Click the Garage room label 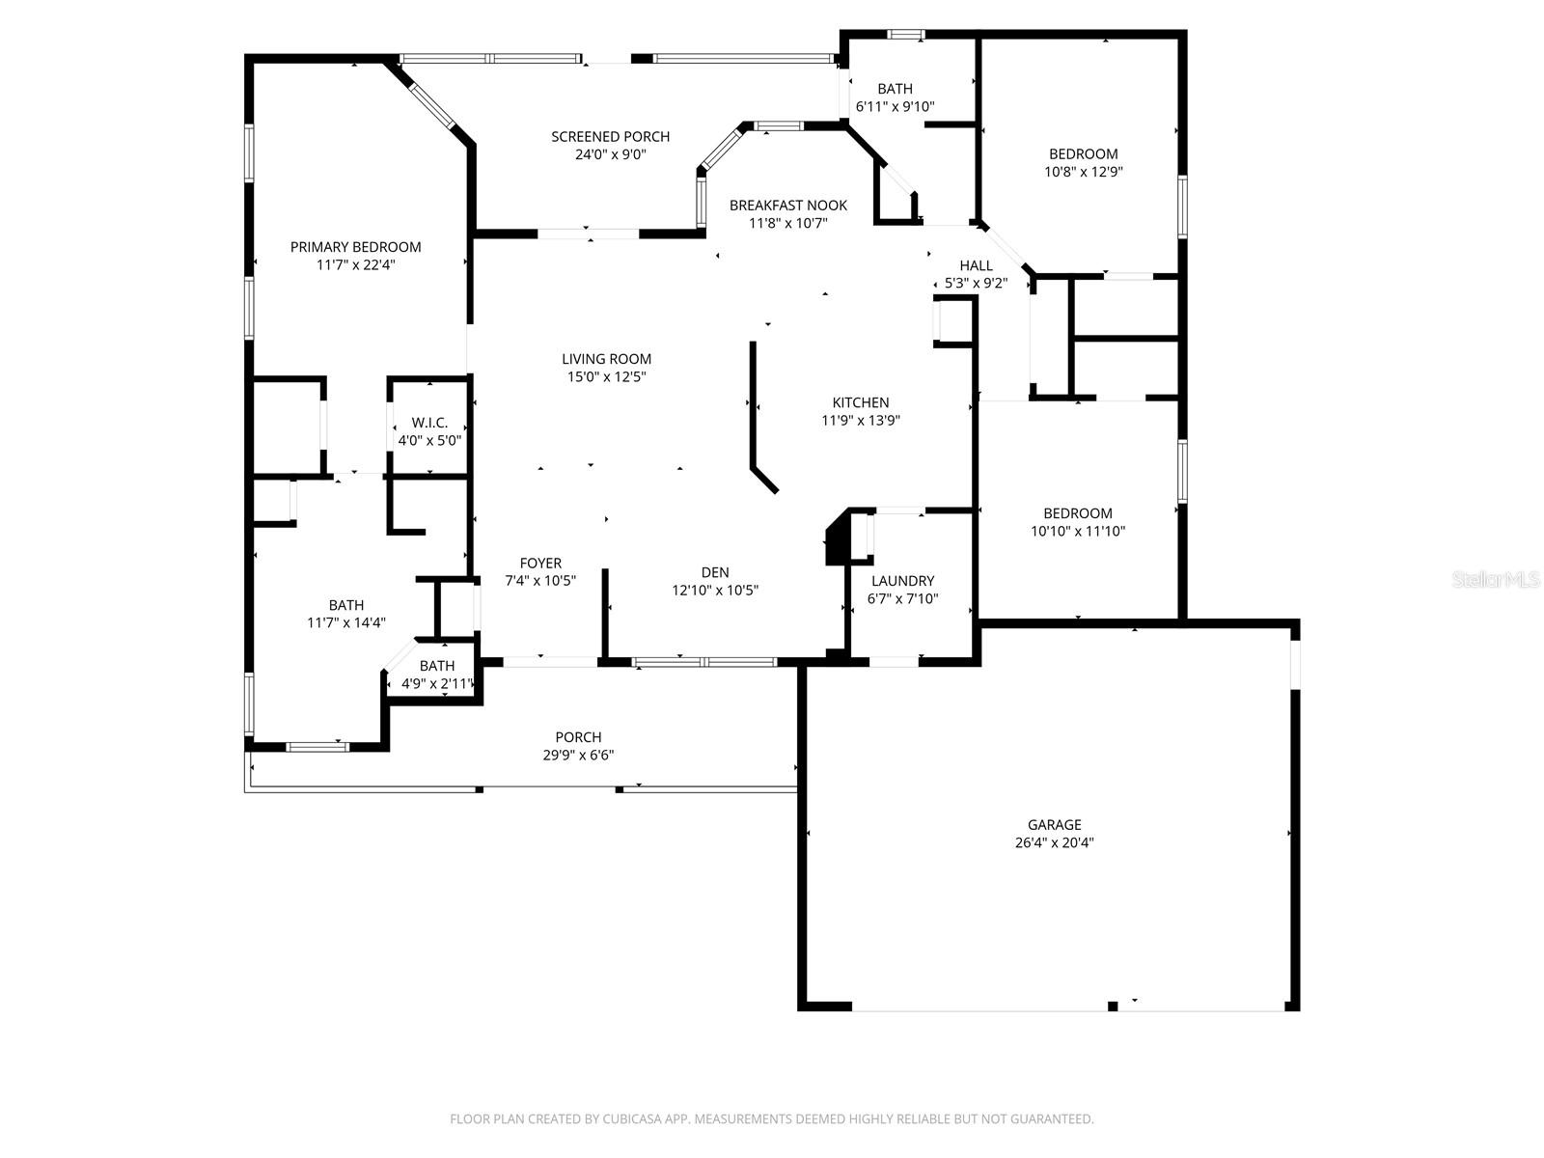point(1054,825)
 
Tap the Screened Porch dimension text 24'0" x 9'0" point(610,154)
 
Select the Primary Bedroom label point(355,247)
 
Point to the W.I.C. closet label point(429,423)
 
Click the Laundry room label point(902,581)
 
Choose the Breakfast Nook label point(787,206)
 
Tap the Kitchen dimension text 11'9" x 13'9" point(861,421)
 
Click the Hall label point(976,265)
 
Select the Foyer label point(540,564)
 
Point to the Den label point(715,572)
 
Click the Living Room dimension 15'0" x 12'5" point(606,377)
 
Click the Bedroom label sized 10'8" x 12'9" point(1083,154)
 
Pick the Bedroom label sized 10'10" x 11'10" point(1077,514)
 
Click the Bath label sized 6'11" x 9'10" point(895,89)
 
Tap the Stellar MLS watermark point(1495,580)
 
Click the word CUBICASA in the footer point(630,1119)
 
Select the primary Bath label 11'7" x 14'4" point(345,606)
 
